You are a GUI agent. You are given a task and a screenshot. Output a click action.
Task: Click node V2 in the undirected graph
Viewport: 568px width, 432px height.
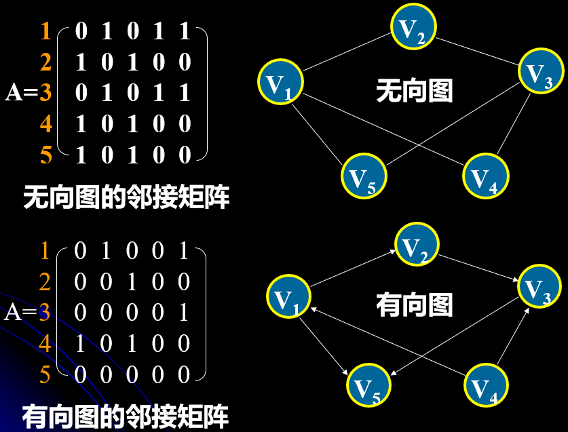coord(413,28)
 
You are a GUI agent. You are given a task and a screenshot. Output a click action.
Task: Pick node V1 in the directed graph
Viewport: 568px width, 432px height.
coord(288,296)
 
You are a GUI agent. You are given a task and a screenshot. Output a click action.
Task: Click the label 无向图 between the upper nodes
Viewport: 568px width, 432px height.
coord(414,90)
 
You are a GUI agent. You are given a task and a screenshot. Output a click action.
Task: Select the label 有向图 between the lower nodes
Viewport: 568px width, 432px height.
coord(414,305)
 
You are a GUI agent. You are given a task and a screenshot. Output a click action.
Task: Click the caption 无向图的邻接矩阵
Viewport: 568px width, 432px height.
coord(126,198)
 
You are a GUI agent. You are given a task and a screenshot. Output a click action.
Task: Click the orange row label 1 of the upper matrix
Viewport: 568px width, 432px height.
coord(45,31)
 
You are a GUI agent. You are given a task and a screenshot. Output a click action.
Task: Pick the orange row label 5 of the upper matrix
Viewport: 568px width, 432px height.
coord(45,155)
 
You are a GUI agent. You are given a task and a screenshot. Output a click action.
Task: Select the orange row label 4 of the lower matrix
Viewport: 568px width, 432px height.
coord(45,344)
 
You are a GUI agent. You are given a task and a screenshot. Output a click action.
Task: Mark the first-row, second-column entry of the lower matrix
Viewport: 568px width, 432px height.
coord(105,251)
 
